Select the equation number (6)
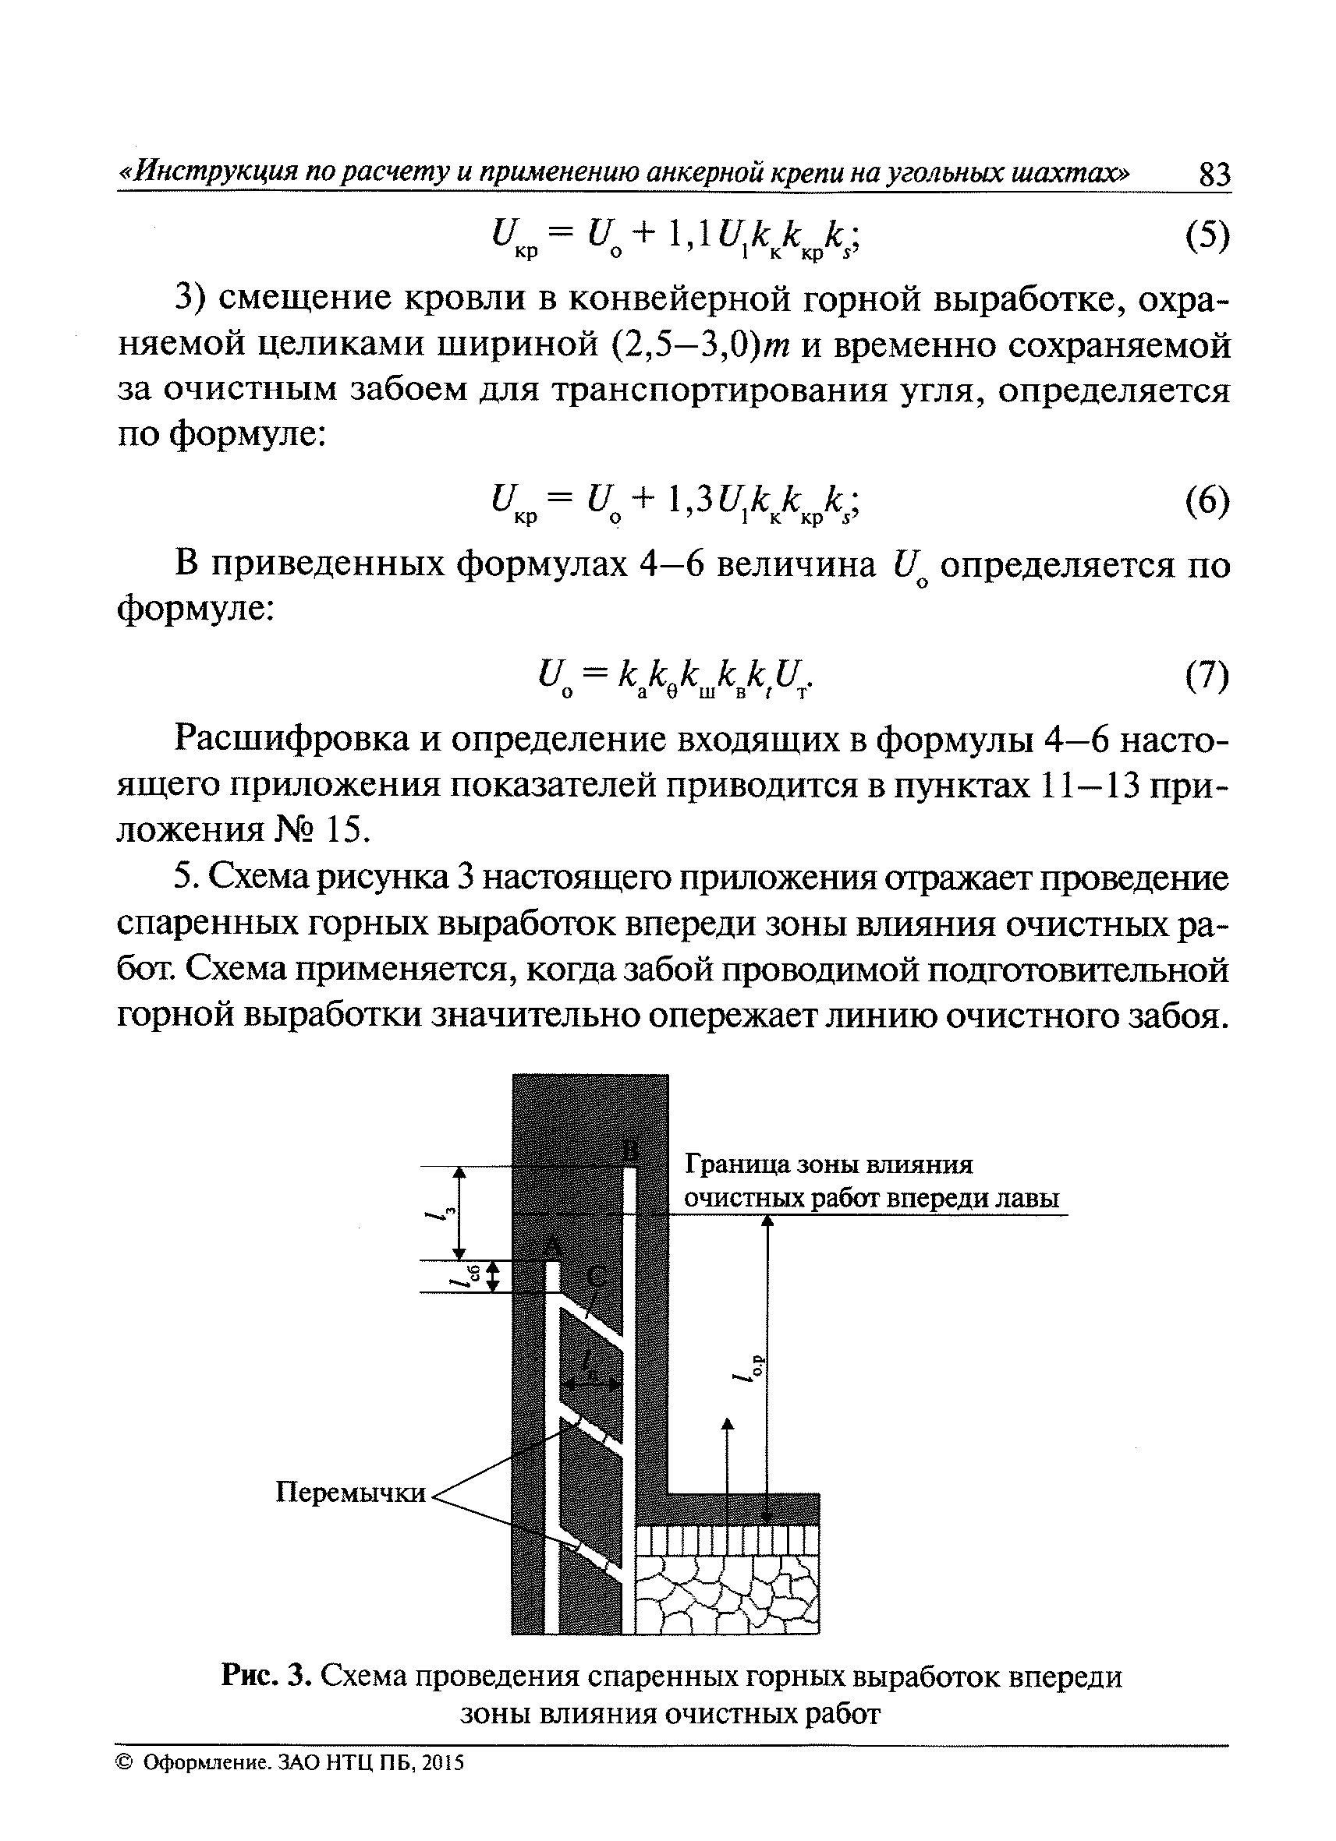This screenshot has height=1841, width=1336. pyautogui.click(x=1206, y=503)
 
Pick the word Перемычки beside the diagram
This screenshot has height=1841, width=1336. pyautogui.click(x=351, y=1493)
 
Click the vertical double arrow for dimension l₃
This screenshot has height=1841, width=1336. pyautogui.click(x=459, y=1213)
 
